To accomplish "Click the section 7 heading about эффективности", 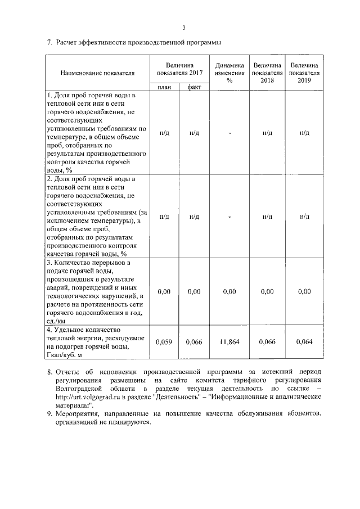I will coord(134,42).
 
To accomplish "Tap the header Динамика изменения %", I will coord(229,73).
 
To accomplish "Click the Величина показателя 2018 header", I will coord(267,73).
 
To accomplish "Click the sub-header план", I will coord(164,87).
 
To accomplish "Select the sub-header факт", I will coord(194,87).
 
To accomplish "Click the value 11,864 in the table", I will coord(229,341).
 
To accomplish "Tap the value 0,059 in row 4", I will coord(164,341).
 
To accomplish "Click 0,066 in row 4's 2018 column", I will coord(267,341).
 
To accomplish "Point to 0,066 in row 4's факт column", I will coord(194,341).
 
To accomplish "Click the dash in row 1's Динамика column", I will coord(229,133).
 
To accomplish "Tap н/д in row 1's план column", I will coord(164,133).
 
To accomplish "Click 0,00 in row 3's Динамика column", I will coord(229,291).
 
